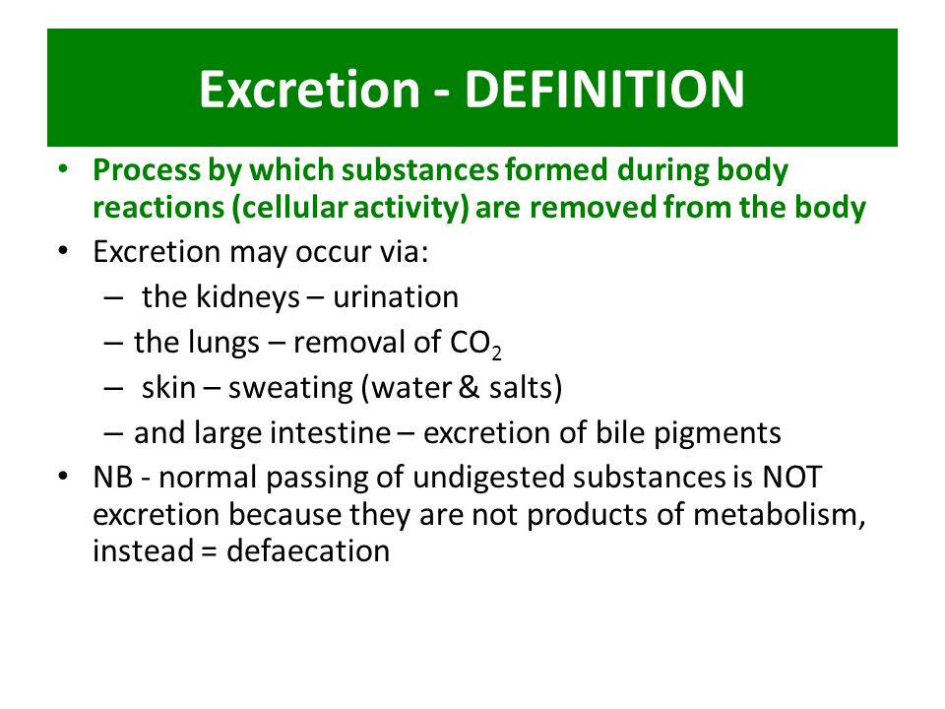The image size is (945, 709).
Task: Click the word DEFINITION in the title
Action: [x=603, y=90]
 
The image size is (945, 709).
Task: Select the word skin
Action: [x=166, y=387]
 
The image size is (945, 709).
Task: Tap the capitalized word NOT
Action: [x=791, y=478]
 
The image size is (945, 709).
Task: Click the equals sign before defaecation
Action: [x=207, y=551]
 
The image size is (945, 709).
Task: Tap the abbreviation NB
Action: [x=110, y=478]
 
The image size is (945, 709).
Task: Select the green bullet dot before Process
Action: [x=65, y=169]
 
